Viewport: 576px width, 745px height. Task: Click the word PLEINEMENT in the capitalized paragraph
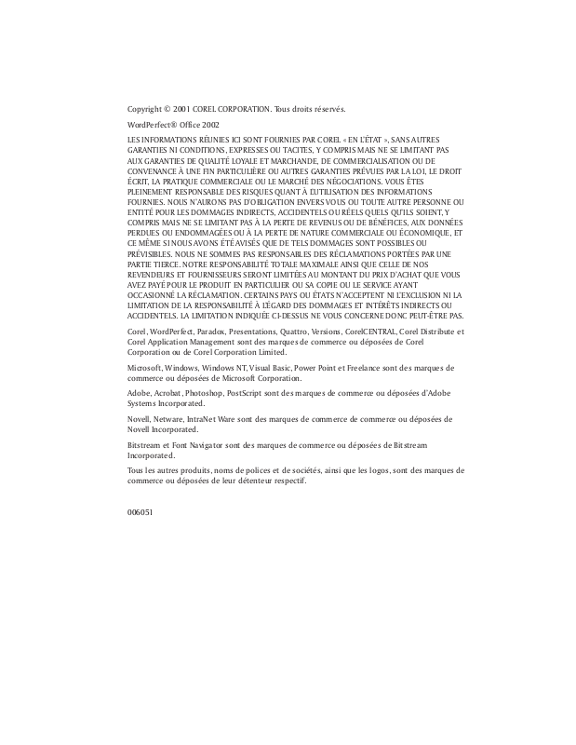click(x=150, y=191)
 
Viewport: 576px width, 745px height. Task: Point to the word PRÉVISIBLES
click(x=150, y=253)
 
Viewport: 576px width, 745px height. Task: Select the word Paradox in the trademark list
click(x=217, y=332)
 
